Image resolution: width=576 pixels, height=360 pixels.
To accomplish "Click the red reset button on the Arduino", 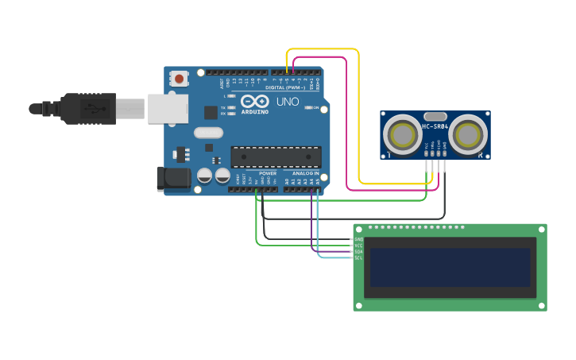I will coord(180,78).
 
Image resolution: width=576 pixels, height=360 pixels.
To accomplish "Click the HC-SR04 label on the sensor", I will coord(435,126).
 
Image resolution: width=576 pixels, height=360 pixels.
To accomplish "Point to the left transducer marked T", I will coord(403,135).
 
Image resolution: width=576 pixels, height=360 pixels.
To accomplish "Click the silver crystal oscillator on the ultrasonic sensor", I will coord(435,116).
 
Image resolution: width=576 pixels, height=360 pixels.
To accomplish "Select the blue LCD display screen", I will coord(450,267).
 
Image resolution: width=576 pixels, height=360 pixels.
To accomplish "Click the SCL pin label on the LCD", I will coord(358,258).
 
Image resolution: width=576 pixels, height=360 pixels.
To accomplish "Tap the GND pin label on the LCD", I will coord(358,239).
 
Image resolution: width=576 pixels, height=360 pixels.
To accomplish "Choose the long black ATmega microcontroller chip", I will coord(276,157).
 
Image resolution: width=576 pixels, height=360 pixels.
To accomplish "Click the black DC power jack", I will coord(174,180).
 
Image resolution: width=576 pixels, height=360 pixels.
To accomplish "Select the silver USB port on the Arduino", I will coord(168,109).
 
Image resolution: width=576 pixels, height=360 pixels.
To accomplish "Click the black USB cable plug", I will coord(88,108).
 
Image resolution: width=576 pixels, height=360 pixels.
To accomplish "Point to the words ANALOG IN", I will coord(305,172).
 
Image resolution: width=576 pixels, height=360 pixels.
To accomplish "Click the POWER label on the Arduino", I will coord(268,172).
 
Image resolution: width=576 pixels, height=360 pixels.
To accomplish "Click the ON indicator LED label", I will coord(315,107).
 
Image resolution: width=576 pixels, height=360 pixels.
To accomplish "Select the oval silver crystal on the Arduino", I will coord(208,133).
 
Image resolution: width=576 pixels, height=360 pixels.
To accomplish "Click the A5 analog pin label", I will coord(318,181).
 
